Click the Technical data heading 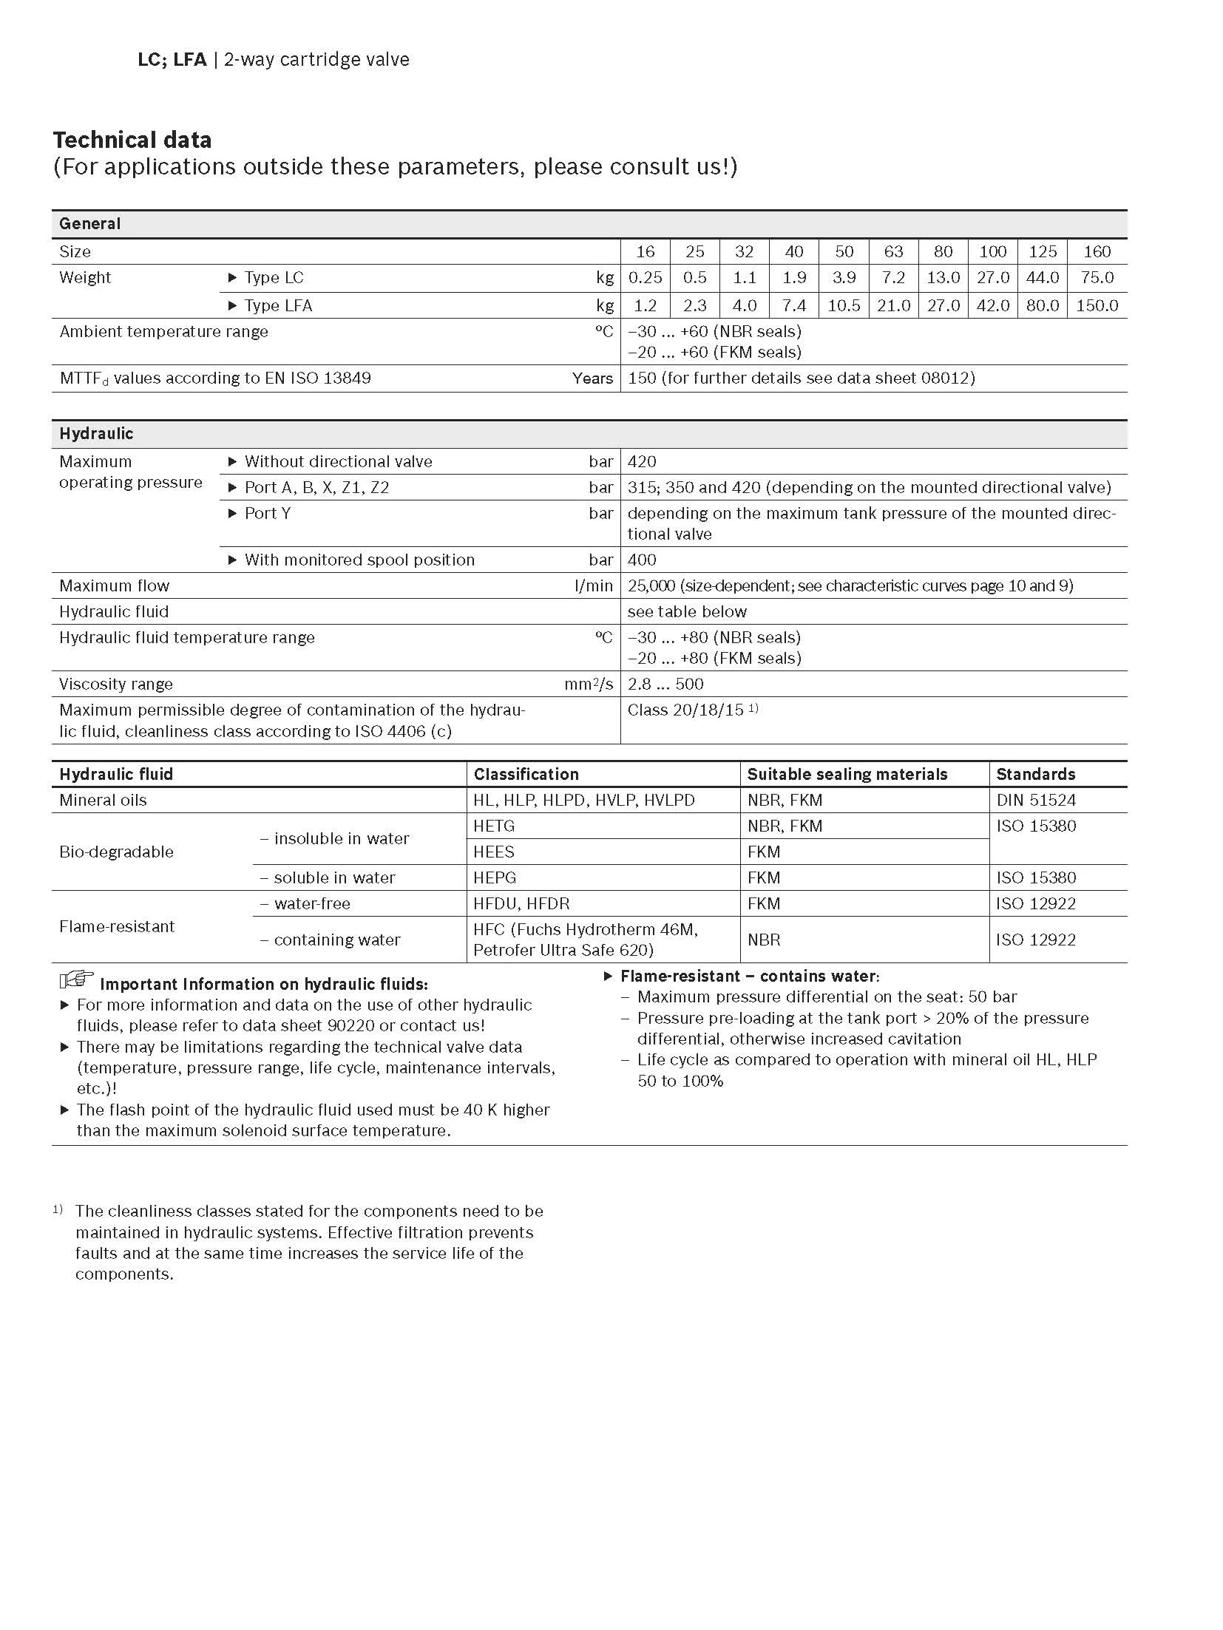tap(132, 140)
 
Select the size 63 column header tap(893, 251)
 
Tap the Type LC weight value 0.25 tap(645, 278)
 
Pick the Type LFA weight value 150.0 tap(1097, 305)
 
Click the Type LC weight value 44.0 tap(1042, 278)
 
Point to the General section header tap(89, 223)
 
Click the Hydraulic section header tap(96, 434)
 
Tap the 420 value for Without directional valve tap(642, 462)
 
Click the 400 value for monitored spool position tap(642, 560)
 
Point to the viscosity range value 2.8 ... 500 tap(665, 685)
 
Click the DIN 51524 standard tap(1036, 801)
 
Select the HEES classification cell tap(494, 852)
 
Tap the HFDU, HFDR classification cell tap(521, 904)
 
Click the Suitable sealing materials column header tap(847, 775)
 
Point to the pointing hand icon tap(76, 980)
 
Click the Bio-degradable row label tap(116, 852)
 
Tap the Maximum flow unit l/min tap(594, 586)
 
